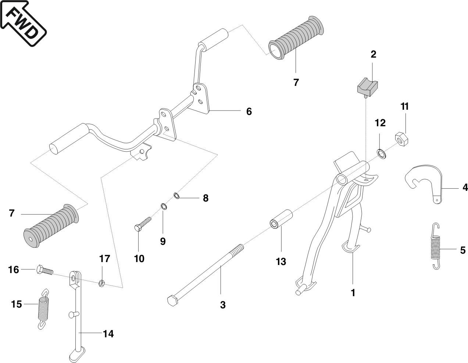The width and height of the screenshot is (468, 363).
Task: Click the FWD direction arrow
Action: [23, 23]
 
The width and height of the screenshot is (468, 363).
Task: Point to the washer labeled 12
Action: [381, 153]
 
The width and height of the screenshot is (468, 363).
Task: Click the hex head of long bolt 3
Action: [172, 300]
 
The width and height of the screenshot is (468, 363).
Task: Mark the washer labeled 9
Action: [164, 207]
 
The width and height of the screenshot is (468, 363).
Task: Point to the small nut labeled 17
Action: [102, 283]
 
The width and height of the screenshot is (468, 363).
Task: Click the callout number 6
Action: [249, 112]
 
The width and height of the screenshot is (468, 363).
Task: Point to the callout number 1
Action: [353, 293]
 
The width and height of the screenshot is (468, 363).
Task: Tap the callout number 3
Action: [223, 305]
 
